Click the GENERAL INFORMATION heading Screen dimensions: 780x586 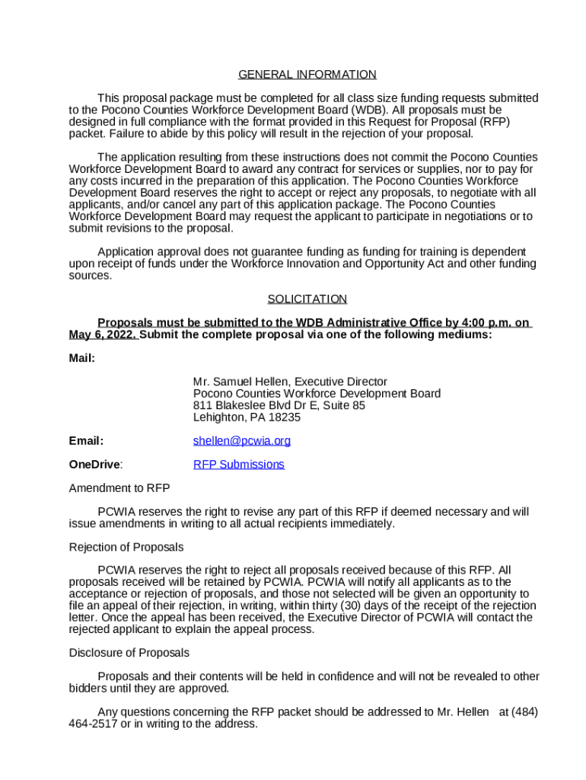307,75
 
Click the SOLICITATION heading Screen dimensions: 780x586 307,299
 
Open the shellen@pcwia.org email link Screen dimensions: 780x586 242,441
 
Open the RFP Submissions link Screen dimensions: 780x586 239,465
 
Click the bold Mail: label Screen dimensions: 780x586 82,358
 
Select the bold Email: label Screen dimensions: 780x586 86,441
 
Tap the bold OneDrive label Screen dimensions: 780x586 95,465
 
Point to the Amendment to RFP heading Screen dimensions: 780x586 119,488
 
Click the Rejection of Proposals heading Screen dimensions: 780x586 126,548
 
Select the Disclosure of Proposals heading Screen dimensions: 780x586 129,653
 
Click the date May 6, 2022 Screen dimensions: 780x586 102,335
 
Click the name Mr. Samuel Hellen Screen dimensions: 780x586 242,382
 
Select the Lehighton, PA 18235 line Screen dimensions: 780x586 247,417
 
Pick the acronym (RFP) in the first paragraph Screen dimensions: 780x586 493,122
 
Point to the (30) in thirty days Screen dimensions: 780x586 374,606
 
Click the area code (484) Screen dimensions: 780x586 524,712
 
